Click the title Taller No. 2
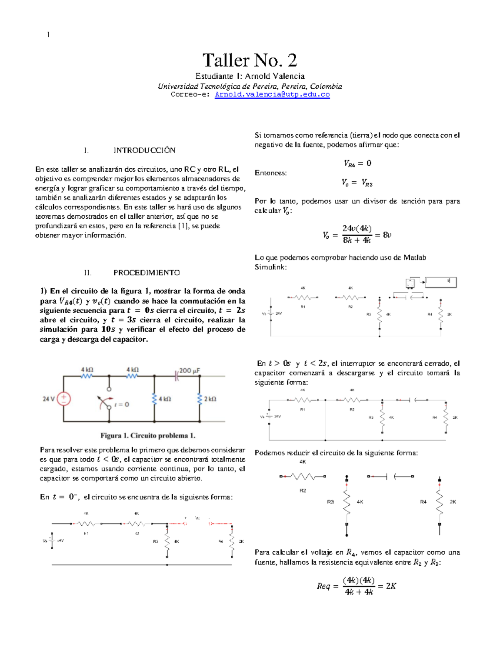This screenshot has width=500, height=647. pos(250,60)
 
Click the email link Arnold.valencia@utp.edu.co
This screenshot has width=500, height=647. pos(272,95)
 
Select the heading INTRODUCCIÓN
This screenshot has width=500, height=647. pos(144,150)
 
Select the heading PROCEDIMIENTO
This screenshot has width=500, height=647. pos(146,273)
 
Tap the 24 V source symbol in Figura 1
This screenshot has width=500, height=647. pos(63,399)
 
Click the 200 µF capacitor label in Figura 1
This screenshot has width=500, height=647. pos(189,370)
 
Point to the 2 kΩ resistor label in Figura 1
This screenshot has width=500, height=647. pos(210,399)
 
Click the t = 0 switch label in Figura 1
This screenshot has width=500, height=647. pos(121,405)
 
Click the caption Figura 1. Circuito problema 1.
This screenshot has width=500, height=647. pos(147,436)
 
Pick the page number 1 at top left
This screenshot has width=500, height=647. pos(48,35)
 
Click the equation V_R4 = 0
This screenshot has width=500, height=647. pos(357,163)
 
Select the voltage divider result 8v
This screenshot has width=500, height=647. pos(387,235)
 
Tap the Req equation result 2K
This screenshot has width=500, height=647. pos(391,586)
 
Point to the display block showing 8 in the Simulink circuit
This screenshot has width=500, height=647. pos(440,282)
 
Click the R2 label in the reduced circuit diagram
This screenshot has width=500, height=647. pos(302,490)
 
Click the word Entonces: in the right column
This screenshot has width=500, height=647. pos(270,173)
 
